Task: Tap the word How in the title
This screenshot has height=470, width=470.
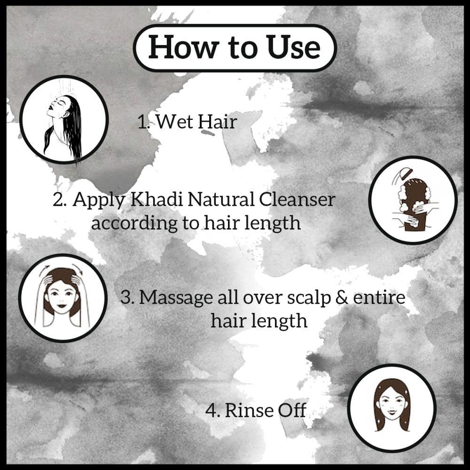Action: (x=178, y=47)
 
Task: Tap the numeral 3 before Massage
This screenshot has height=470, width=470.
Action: (x=125, y=298)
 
